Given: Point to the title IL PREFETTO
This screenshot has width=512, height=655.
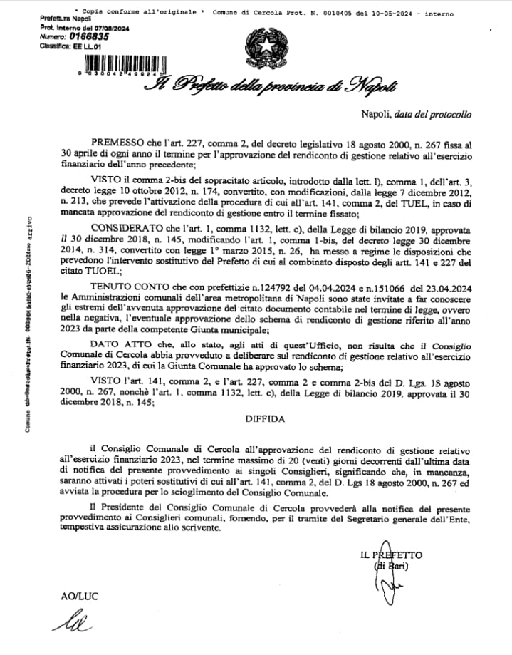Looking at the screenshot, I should pyautogui.click(x=391, y=554).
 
